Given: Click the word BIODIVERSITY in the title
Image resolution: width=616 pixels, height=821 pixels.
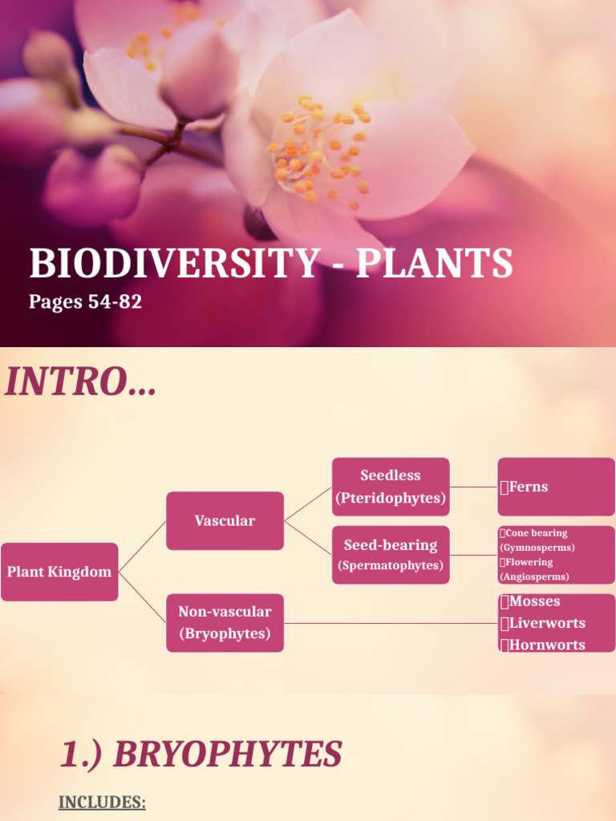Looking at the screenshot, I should coord(172,264).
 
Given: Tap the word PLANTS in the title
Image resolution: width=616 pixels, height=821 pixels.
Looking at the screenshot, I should coord(434,264).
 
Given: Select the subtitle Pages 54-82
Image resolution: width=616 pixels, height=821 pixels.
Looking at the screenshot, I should coord(85,302).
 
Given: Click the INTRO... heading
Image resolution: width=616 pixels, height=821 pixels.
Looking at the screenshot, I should coord(80,382).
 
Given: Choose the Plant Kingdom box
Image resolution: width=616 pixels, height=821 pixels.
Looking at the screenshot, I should coord(59,572).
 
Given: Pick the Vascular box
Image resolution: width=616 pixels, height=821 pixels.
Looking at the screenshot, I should coord(225,520).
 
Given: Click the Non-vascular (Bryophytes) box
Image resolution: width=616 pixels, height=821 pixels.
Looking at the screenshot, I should coord(225,623).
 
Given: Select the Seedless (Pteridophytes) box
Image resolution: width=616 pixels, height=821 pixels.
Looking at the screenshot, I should coord(391,487).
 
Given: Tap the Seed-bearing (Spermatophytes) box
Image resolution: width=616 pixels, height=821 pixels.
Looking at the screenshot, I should coord(391,555).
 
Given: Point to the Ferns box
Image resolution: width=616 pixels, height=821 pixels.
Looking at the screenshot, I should coord(556,487).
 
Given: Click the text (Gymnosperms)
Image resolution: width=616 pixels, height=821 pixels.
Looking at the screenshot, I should coord(537,548).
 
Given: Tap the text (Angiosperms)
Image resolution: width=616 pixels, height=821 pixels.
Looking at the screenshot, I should coord(534,576).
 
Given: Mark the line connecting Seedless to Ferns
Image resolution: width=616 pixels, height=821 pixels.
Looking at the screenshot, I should coord(473,487).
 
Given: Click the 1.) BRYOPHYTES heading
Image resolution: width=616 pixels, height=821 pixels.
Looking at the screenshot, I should coord(201,754).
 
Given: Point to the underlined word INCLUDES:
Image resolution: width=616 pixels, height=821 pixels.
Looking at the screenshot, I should coord(102,803).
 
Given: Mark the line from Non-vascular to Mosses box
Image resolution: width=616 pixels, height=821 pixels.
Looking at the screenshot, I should coord(391,623).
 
